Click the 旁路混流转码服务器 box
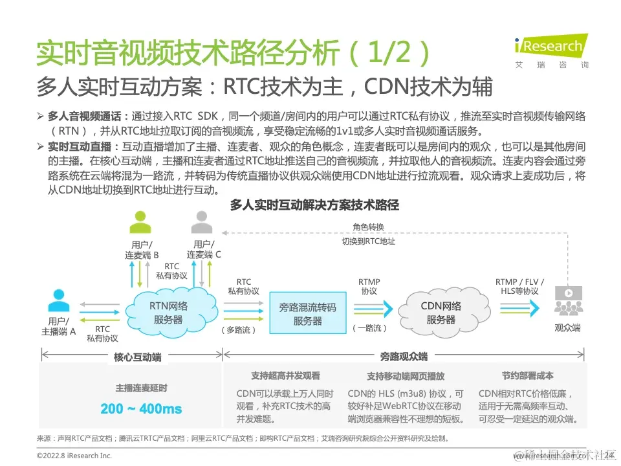[307, 313]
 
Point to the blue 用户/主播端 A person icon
[59, 301]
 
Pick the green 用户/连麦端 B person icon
[140, 223]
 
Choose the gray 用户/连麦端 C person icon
[200, 223]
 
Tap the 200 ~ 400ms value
[141, 409]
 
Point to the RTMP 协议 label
[369, 287]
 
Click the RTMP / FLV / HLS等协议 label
[519, 287]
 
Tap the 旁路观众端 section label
[403, 357]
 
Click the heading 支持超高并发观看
[285, 376]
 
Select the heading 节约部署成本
[527, 376]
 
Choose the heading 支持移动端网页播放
[406, 376]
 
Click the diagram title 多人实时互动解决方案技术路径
[314, 205]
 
